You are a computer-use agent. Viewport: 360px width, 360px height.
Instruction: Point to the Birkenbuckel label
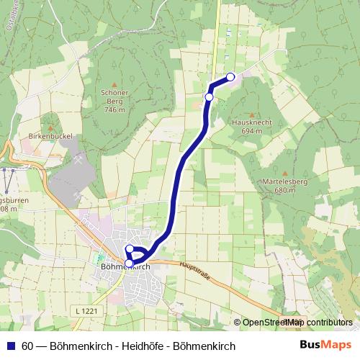click(48, 135)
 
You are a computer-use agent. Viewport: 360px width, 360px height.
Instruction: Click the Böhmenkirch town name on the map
click(122, 266)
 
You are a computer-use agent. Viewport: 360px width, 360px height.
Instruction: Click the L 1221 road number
click(85, 311)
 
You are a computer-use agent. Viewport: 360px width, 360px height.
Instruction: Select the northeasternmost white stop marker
click(230, 77)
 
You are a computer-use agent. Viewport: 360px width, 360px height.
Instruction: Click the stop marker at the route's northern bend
click(210, 96)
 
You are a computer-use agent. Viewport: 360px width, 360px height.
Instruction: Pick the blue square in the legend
click(10, 346)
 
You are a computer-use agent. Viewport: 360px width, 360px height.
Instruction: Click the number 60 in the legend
click(27, 346)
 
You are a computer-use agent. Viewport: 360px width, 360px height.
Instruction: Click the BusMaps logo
click(326, 346)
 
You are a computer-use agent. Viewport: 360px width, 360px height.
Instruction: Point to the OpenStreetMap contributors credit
click(297, 323)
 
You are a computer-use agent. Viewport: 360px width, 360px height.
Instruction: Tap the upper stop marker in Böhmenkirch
click(130, 249)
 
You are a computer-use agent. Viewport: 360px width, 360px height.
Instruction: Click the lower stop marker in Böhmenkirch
click(128, 263)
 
